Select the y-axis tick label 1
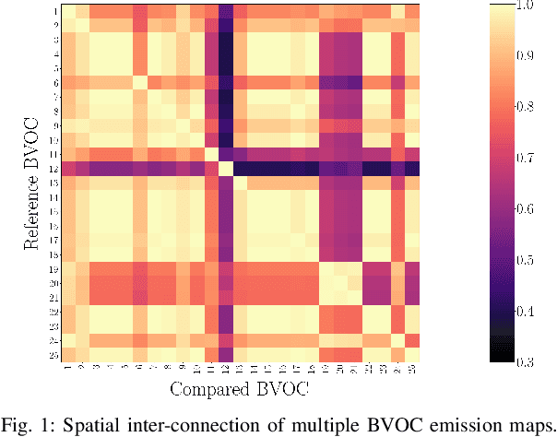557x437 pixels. click(56, 10)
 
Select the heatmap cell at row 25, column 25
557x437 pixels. click(412, 354)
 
